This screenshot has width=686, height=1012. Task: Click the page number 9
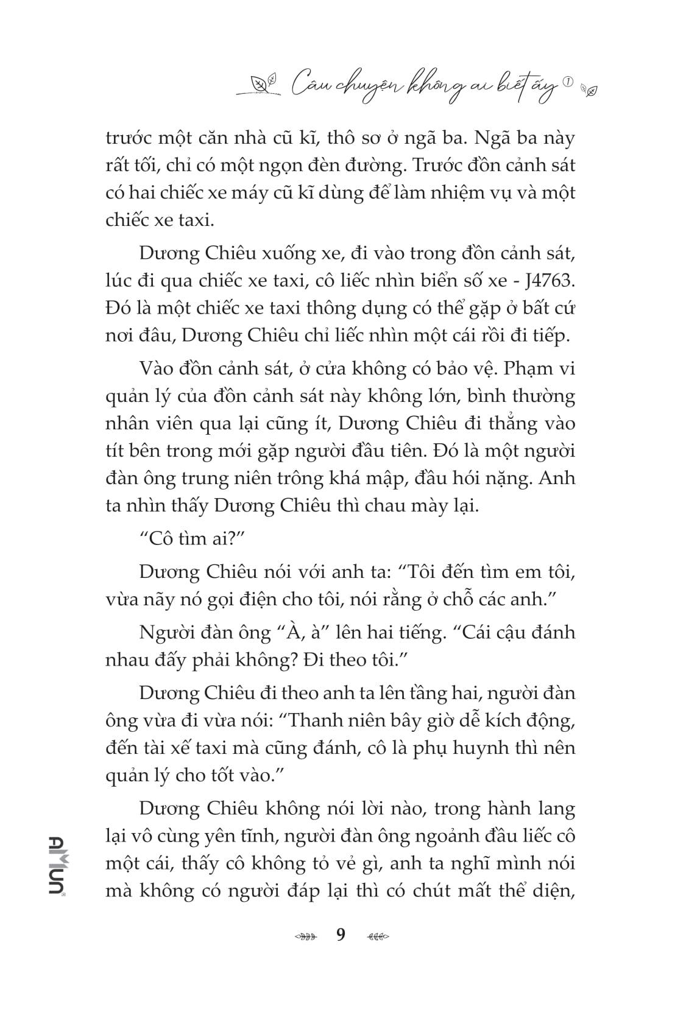tap(341, 935)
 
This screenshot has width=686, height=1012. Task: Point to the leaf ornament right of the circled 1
tap(590, 90)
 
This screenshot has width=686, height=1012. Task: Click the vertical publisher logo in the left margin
tap(58, 865)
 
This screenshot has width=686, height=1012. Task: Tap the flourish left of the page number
tap(305, 936)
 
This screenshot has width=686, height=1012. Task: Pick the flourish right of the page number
tap(378, 936)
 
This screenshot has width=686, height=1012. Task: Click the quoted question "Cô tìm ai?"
tap(190, 539)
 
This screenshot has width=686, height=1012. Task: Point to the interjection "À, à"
tap(299, 632)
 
